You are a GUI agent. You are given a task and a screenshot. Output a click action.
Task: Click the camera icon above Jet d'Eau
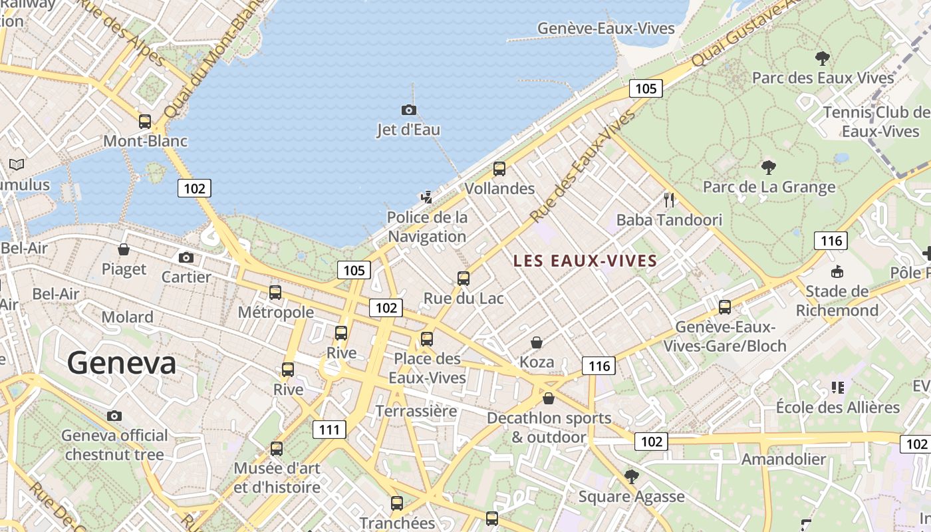tap(408, 110)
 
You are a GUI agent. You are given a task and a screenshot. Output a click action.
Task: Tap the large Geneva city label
tap(122, 363)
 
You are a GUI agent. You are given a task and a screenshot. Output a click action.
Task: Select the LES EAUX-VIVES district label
tap(585, 261)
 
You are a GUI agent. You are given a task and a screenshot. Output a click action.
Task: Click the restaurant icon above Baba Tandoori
tap(669, 199)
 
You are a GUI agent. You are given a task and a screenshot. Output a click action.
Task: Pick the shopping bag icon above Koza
tap(537, 342)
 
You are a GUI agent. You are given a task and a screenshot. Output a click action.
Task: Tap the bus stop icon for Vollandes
tap(499, 169)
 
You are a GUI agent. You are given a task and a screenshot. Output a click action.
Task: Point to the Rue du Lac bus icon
tap(464, 279)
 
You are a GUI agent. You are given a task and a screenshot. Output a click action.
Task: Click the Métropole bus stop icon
tap(275, 293)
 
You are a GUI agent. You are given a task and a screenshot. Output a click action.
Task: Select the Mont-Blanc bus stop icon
tap(145, 122)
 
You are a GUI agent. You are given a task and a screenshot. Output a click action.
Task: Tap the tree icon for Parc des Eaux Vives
tap(823, 58)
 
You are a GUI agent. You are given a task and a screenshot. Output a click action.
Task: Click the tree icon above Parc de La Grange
tap(769, 167)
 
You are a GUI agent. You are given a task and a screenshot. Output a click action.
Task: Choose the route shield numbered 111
tap(330, 430)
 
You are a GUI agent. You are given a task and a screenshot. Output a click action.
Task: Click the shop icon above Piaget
tap(124, 249)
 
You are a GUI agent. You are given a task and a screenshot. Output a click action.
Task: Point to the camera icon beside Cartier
tap(186, 257)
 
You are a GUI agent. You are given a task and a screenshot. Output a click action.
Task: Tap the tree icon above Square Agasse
tap(631, 476)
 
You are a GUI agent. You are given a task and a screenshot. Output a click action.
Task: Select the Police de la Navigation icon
tap(427, 197)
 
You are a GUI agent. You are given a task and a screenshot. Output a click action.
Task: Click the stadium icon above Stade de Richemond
tap(837, 271)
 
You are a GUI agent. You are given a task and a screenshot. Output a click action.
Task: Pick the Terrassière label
tap(416, 411)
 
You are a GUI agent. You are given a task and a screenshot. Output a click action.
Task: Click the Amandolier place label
tap(783, 459)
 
